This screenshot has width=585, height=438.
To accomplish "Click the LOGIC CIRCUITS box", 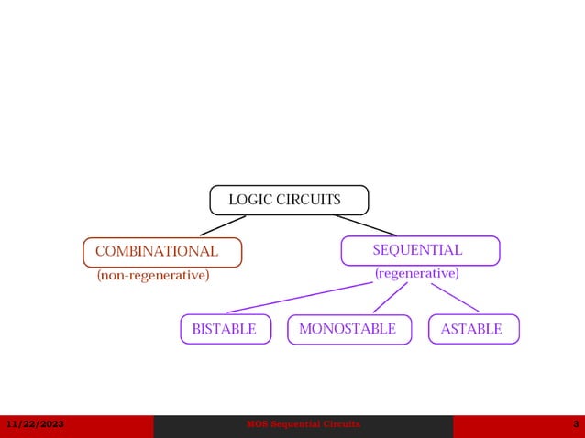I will (x=289, y=200).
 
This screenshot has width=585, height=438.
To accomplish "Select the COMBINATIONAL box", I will (x=162, y=252).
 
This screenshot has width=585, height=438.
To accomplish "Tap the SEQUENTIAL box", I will (x=420, y=250).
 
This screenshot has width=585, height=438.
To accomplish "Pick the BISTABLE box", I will (x=226, y=329).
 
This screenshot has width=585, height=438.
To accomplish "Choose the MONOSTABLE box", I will (x=348, y=329).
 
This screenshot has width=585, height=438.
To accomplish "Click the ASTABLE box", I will (x=473, y=329).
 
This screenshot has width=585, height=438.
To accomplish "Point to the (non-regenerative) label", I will (x=153, y=275).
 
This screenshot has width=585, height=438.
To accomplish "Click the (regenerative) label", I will (x=416, y=273).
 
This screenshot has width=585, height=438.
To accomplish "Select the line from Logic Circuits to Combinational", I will (x=222, y=225).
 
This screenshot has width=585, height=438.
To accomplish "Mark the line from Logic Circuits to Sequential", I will (x=364, y=225).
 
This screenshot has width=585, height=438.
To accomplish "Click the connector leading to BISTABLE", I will (x=300, y=298).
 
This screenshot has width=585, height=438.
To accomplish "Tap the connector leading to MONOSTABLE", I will (x=390, y=298).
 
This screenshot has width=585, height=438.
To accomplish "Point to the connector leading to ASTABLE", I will (x=455, y=297).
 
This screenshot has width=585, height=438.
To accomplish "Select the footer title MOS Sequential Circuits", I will (x=304, y=424).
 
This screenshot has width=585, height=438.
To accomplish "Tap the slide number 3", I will (x=575, y=424).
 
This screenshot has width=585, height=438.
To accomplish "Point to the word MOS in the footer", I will (x=258, y=424).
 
